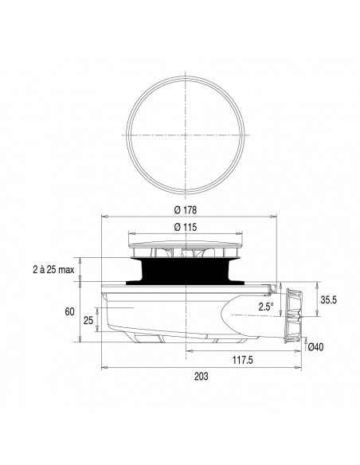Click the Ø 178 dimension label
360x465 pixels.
(185, 210)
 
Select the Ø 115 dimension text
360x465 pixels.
(185, 228)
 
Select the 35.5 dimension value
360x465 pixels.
(329, 301)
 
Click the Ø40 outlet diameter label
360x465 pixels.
(316, 347)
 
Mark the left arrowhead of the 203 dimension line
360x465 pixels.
(104, 369)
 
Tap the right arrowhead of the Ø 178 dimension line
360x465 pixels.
(272, 217)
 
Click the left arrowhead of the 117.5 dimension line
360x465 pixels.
(190, 350)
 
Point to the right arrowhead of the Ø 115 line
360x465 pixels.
(240, 234)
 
